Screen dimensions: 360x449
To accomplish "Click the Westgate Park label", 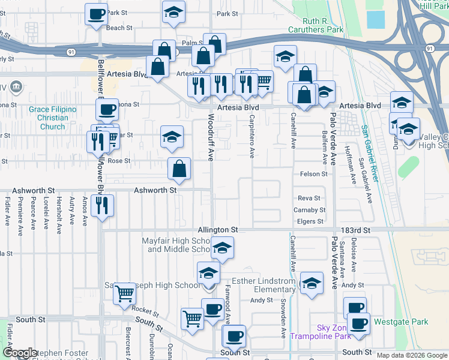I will (x=401, y=322).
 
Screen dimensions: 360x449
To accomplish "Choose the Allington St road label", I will (x=218, y=230).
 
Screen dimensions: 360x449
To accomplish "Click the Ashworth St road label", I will (x=155, y=190).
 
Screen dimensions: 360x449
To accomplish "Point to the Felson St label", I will (x=313, y=174).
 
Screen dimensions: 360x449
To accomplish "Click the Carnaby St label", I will (x=309, y=210).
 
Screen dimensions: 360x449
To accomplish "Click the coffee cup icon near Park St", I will (x=96, y=14).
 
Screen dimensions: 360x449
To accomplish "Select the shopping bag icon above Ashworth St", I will (x=179, y=170).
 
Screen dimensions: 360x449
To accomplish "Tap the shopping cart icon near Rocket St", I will (x=125, y=294).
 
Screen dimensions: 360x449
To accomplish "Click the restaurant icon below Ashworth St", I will (x=103, y=206).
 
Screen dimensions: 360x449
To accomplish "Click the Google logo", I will (x=19, y=353).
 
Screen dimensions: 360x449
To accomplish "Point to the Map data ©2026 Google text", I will (x=411, y=355).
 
